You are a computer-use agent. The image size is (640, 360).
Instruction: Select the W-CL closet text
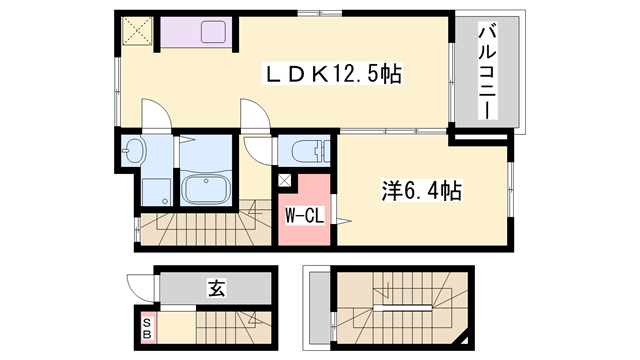(301, 216)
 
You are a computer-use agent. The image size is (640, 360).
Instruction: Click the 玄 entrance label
(216, 289)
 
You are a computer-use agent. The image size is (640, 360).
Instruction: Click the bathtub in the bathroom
(208, 188)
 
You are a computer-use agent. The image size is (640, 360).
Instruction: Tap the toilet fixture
(305, 152)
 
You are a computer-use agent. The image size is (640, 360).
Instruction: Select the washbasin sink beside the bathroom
(134, 153)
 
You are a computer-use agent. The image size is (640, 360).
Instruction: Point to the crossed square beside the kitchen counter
(135, 32)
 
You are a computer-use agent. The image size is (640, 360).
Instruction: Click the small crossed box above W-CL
(285, 182)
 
